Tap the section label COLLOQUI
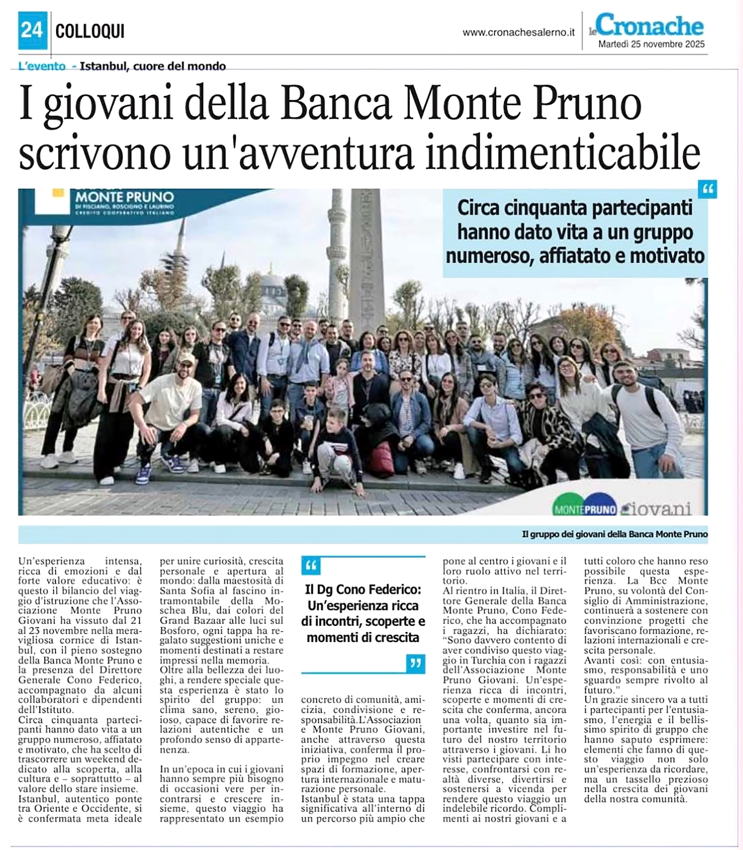89,31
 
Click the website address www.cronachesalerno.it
518,33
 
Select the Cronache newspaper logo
649,26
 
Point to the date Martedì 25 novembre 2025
651,44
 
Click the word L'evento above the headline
42,66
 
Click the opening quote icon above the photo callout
708,189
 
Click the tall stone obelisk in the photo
365,257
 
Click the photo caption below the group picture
614,534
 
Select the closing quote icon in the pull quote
416,663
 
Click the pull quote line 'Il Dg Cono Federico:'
363,589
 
